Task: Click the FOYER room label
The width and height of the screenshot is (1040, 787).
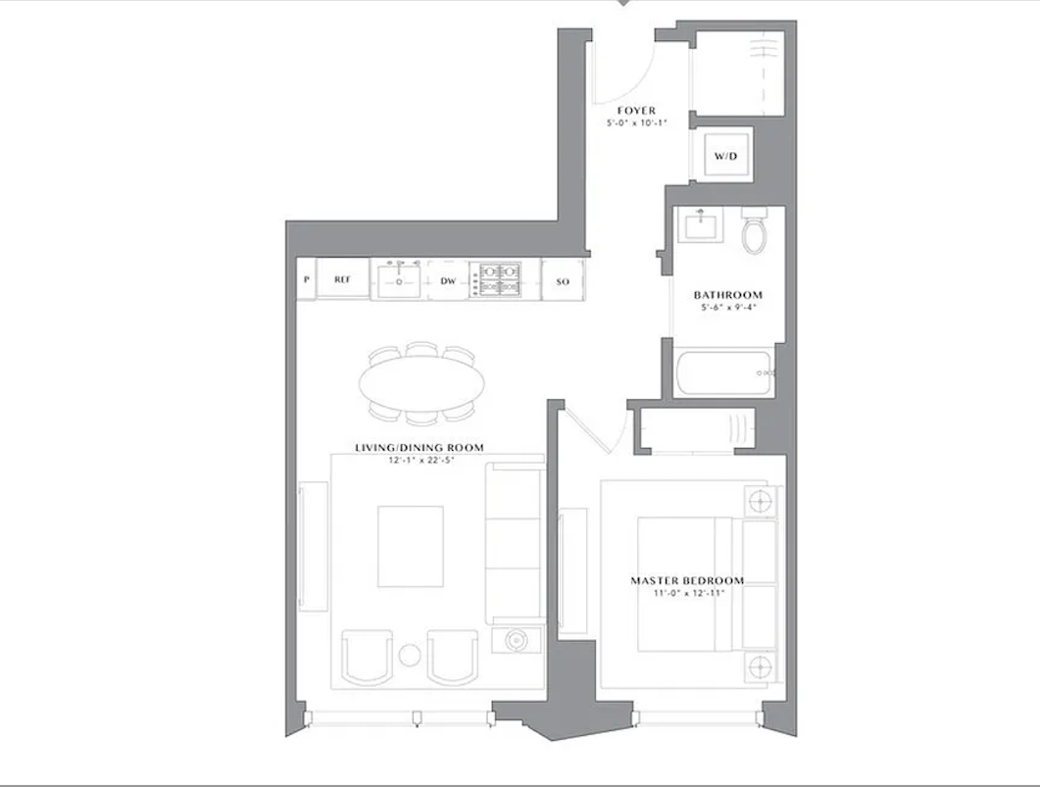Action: point(636,111)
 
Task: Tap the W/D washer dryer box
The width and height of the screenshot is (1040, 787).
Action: point(724,156)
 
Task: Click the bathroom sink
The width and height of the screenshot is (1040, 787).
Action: point(701,228)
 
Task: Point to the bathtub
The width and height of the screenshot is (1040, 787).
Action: point(725,372)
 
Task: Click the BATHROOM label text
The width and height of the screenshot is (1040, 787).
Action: point(727,295)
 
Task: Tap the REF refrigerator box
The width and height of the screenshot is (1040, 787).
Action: point(342,279)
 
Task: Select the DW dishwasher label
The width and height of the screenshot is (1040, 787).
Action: point(448,280)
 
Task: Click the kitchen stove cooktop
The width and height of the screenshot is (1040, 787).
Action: point(497,279)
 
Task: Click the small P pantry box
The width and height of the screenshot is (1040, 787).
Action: point(307,279)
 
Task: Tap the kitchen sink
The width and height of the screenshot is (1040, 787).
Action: point(400,280)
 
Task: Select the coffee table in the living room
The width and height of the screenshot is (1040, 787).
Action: point(411,546)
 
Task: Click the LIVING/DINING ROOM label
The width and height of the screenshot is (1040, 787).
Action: point(420,448)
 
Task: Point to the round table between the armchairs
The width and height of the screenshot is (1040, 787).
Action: point(410,655)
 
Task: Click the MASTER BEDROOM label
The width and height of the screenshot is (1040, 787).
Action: point(686,581)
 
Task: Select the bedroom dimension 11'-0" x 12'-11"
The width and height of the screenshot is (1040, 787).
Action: point(686,594)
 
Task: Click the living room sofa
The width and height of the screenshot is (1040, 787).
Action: point(514,544)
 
